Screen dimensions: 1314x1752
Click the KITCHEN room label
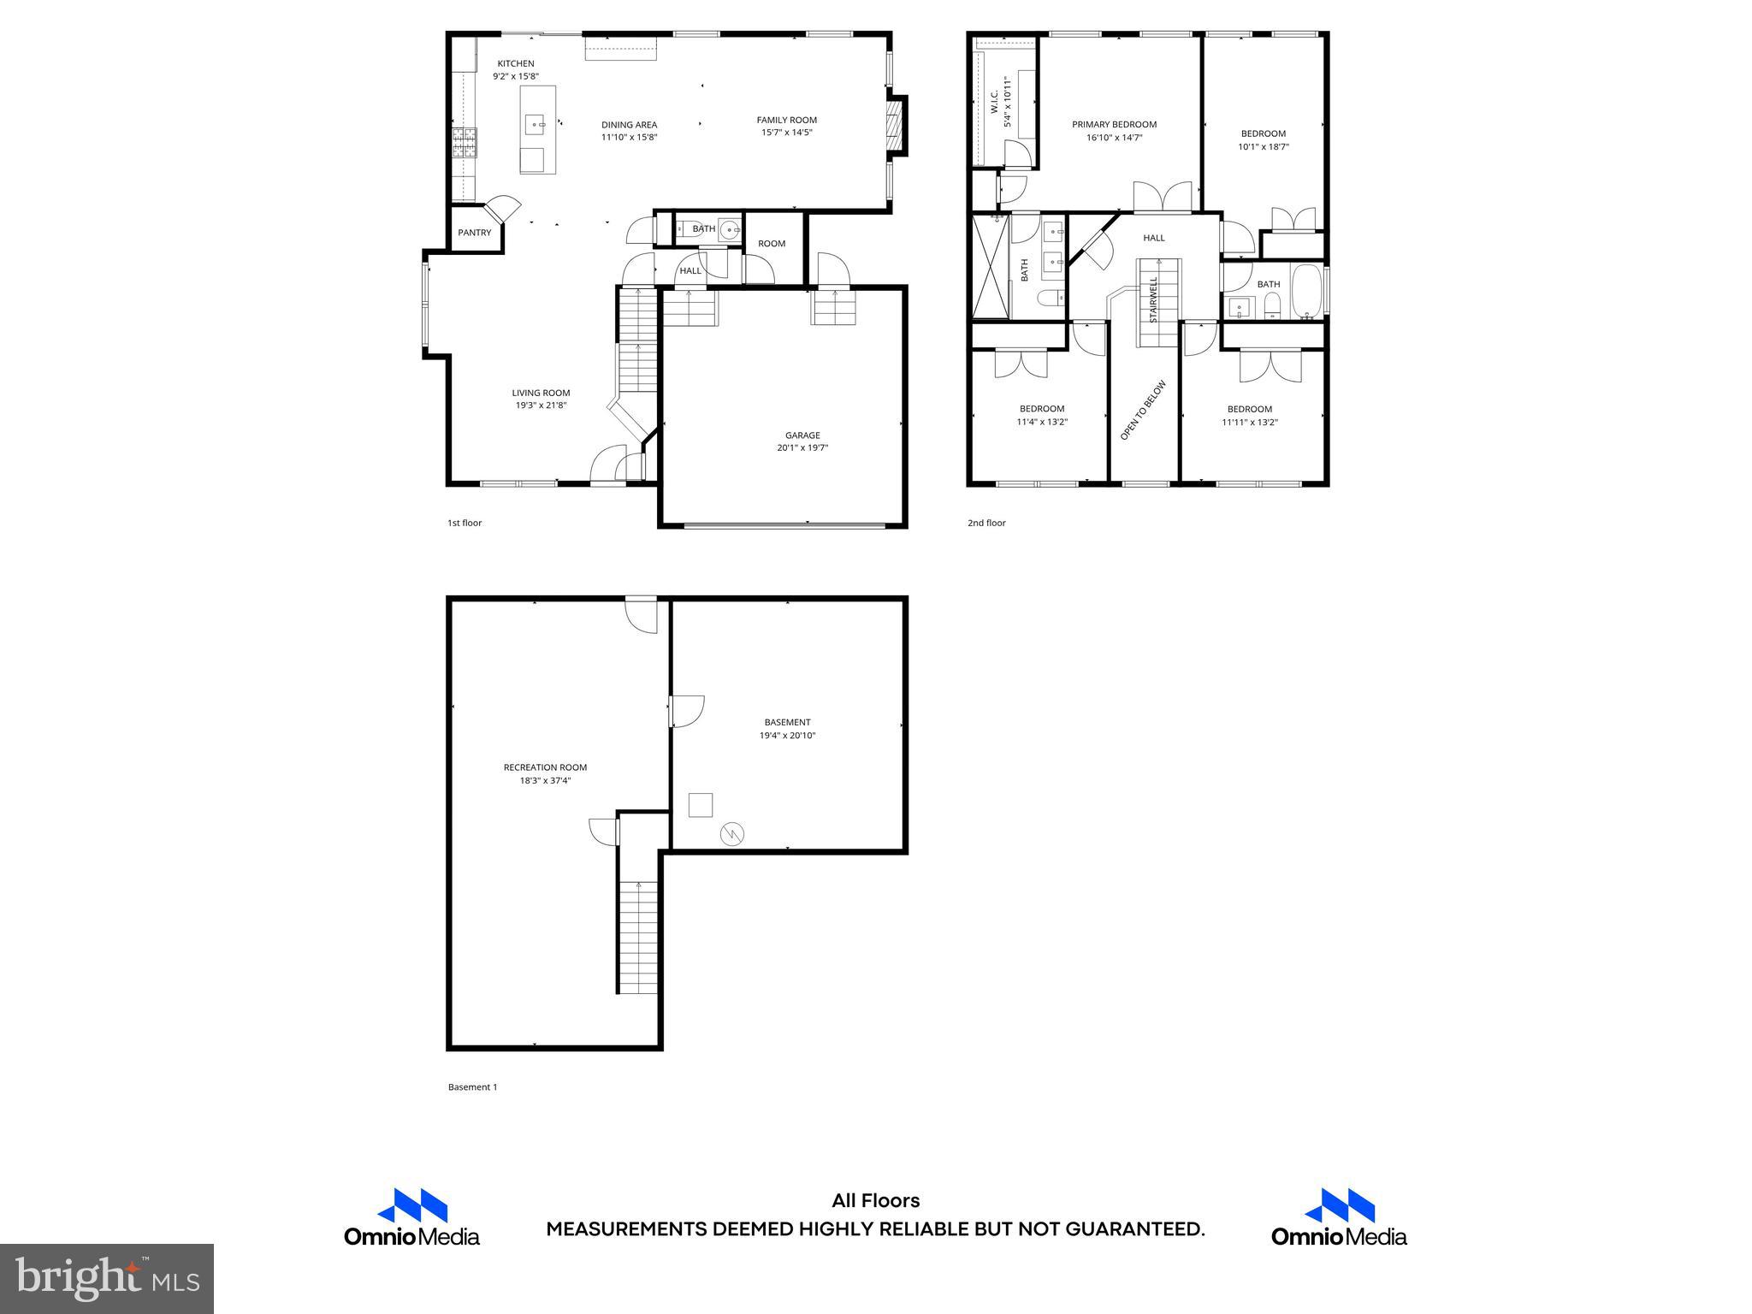coord(516,63)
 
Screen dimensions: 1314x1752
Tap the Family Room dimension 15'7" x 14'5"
coord(786,133)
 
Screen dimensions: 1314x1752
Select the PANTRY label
coord(474,233)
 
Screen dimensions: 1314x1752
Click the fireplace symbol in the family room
coord(895,127)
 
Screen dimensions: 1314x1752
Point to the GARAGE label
coord(802,435)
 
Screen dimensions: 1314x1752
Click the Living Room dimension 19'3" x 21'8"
coord(541,405)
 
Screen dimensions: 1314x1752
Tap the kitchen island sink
coord(536,125)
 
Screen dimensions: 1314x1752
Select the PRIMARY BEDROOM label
coord(1114,124)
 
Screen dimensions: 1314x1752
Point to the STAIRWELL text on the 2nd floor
coord(1153,299)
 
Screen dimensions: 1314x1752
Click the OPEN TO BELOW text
coord(1143,410)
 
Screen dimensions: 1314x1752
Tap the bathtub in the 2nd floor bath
coord(1305,292)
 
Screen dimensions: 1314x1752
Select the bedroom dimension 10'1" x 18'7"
coord(1263,146)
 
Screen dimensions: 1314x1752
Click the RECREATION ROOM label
coord(545,767)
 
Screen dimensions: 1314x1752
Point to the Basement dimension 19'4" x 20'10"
coord(787,735)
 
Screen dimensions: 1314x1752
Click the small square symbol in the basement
coord(700,805)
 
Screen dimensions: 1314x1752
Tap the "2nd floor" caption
coord(986,523)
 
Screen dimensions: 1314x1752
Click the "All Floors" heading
coord(875,1201)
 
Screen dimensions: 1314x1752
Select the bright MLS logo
coord(107,1279)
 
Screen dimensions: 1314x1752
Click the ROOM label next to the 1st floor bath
coord(771,244)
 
